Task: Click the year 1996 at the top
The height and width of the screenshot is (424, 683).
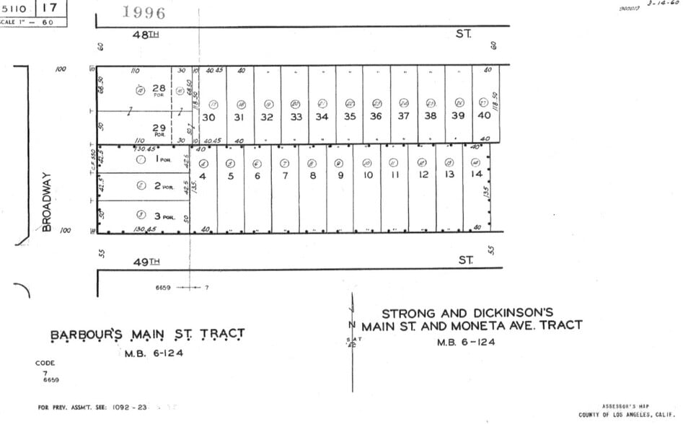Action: tap(144, 12)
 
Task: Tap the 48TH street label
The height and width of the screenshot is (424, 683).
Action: tap(147, 35)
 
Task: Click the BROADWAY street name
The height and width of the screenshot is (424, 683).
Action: tap(48, 201)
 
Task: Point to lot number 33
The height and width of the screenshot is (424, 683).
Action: tap(296, 116)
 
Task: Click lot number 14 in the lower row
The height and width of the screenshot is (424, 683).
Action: tap(475, 175)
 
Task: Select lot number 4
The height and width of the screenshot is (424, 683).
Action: tap(203, 175)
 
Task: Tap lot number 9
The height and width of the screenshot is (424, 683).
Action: tap(340, 175)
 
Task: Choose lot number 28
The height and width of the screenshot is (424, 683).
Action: tap(159, 89)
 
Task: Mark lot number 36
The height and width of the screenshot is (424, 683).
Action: tap(376, 116)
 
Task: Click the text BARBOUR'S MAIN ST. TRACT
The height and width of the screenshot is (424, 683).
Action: tap(147, 335)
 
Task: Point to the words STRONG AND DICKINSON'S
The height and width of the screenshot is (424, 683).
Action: tap(467, 313)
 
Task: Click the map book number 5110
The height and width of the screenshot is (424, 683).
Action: tap(15, 8)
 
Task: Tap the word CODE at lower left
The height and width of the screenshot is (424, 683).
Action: tap(45, 363)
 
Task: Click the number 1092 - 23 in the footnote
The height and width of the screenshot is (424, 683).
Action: tap(130, 407)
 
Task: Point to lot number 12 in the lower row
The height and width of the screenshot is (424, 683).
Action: tap(423, 175)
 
